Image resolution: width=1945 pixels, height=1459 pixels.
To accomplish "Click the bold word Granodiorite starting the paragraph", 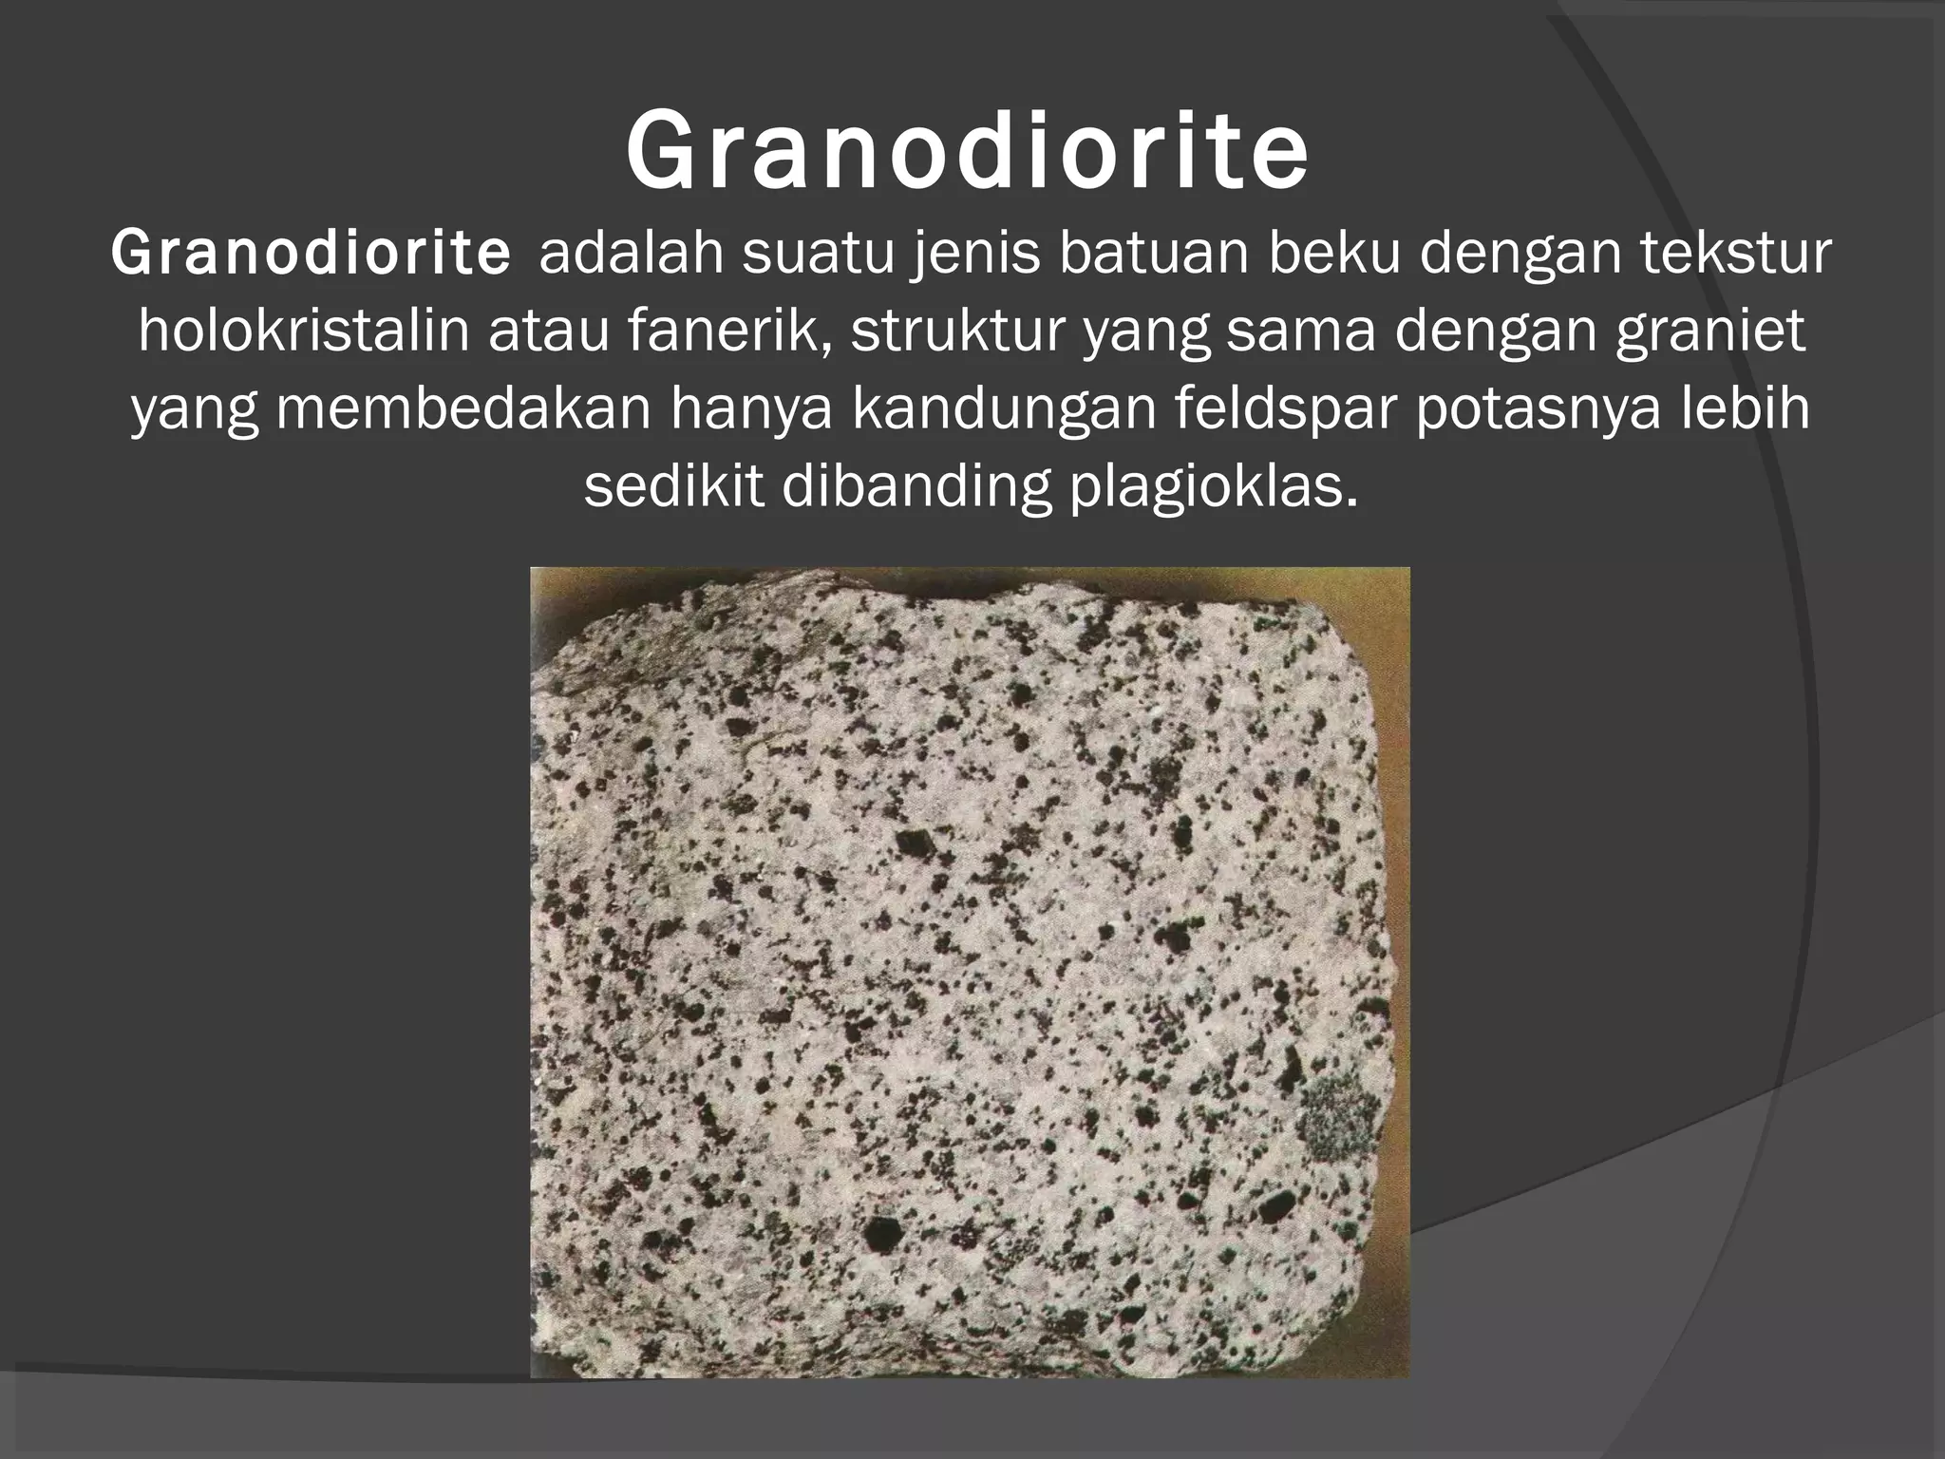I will [312, 255].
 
